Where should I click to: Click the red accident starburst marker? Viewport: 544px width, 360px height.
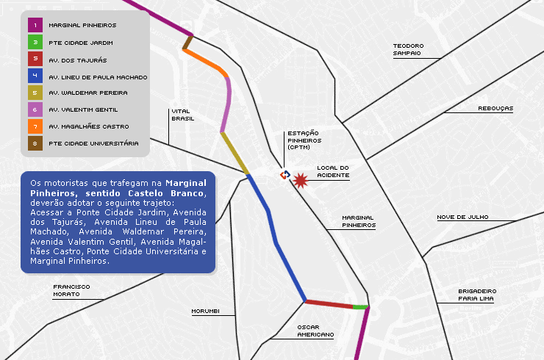point(300,181)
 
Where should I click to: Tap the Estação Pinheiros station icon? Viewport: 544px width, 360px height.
point(284,175)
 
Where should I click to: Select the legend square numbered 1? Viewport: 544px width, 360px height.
point(35,25)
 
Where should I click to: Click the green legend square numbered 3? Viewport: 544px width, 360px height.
point(35,43)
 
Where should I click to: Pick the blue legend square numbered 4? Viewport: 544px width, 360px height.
point(35,76)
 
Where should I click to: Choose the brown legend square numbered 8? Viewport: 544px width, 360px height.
point(35,143)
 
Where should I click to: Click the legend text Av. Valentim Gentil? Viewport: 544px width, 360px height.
point(83,110)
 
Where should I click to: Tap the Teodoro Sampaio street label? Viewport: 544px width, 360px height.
point(407,49)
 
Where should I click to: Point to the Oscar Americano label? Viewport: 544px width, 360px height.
point(315,331)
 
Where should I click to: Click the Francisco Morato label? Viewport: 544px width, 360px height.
point(71,290)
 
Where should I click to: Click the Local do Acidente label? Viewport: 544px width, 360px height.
point(332,171)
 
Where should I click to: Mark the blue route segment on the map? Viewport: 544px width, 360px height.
point(276,235)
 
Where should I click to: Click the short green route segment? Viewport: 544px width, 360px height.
point(359,306)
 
